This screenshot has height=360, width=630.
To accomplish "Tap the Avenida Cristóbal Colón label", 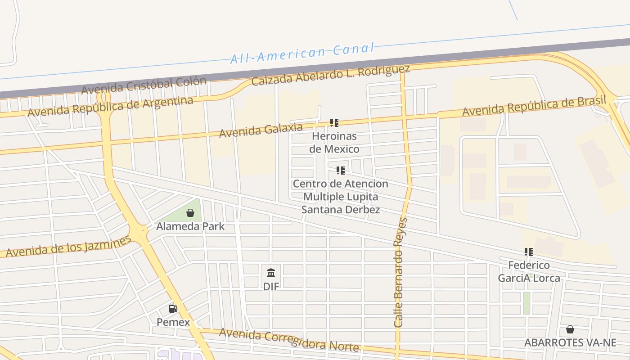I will click(x=144, y=85).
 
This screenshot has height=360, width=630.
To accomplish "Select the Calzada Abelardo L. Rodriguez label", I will click(x=331, y=75).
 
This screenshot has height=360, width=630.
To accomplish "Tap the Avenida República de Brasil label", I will click(x=534, y=106).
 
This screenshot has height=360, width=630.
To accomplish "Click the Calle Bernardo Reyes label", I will click(x=400, y=272).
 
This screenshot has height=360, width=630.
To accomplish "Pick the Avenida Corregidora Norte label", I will click(x=289, y=340).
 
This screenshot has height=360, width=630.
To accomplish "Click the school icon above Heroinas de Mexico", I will click(x=334, y=122).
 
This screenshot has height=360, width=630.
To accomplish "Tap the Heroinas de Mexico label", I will click(x=334, y=142).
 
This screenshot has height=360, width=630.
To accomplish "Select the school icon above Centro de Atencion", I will click(x=341, y=171).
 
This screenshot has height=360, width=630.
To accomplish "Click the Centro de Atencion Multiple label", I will click(x=341, y=197).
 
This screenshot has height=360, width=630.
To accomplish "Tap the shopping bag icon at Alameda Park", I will click(x=190, y=213).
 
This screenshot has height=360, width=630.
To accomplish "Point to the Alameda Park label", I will click(x=190, y=226).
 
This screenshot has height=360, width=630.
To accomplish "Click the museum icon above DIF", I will click(x=271, y=273).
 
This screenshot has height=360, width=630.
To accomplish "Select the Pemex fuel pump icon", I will click(x=173, y=309).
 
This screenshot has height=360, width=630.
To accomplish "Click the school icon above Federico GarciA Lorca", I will click(x=529, y=252).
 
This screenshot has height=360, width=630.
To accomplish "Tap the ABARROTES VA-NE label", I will click(x=570, y=342).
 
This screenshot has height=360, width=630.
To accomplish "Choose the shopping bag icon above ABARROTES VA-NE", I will click(x=570, y=329).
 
